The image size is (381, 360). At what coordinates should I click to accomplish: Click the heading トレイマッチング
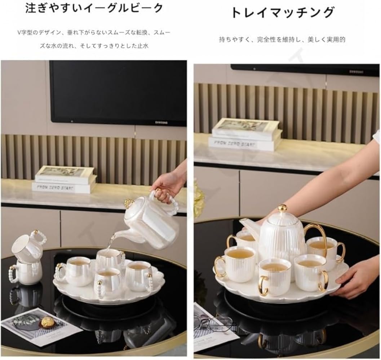(x=282, y=13)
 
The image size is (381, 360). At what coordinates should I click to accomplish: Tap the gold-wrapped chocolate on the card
(x=46, y=322)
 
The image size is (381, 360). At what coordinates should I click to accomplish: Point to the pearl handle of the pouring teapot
(x=172, y=202)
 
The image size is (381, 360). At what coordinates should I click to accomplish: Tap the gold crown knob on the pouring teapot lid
(x=129, y=203)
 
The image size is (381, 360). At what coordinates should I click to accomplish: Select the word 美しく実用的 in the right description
(x=327, y=39)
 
